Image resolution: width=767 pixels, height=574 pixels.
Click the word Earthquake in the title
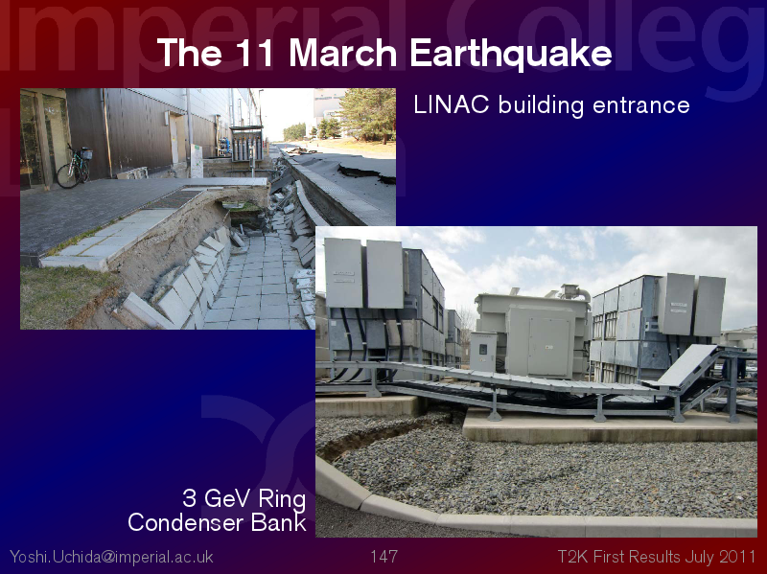[x=511, y=53]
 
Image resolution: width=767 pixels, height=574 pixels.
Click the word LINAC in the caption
[x=451, y=104]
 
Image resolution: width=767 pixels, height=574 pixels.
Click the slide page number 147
[x=383, y=557]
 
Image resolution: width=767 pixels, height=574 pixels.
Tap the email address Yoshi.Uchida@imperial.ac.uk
[x=111, y=557]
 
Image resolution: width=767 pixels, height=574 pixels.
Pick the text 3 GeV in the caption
[x=218, y=498]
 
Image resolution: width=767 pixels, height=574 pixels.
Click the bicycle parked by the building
[x=75, y=166]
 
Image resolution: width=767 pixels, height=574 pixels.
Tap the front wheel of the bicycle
[x=67, y=176]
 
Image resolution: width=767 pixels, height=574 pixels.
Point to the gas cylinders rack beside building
[x=246, y=144]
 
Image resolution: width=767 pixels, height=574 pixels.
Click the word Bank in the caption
[x=278, y=522]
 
